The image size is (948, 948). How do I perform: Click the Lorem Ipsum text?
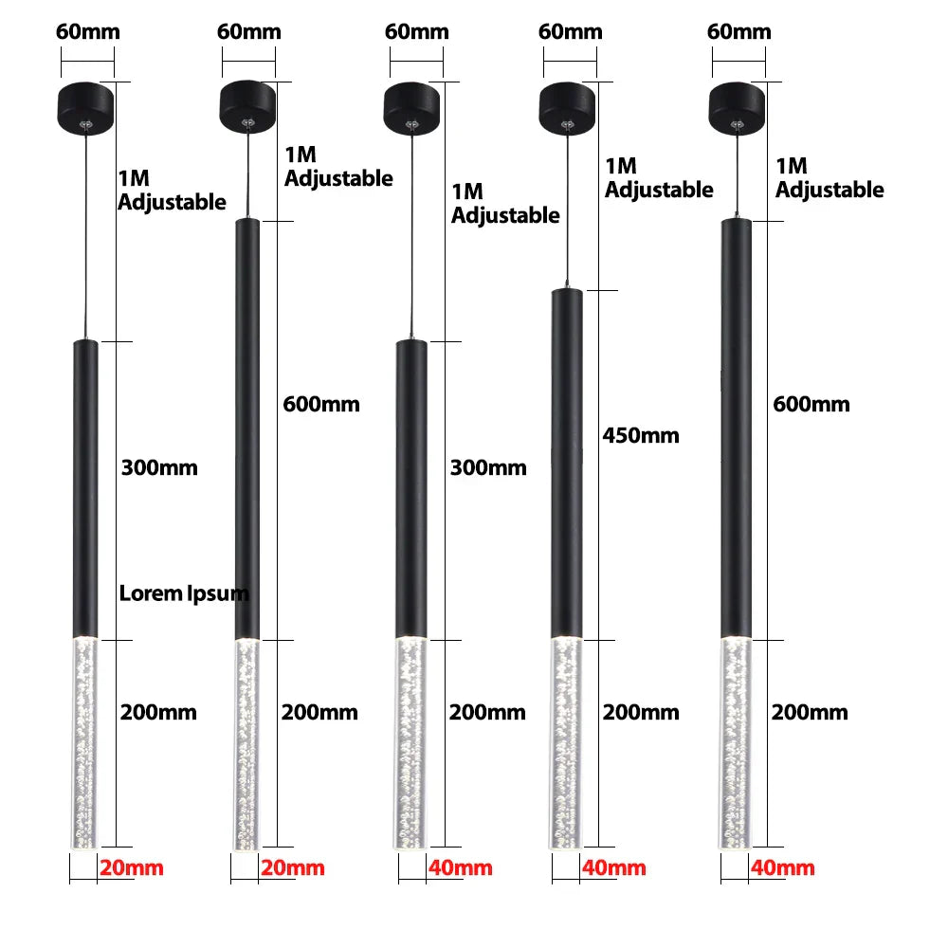coord(184,593)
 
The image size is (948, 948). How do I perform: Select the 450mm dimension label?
coord(641,435)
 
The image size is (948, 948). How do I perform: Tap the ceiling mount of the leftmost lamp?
coord(86,108)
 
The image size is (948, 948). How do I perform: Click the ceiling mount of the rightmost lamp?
coord(737,108)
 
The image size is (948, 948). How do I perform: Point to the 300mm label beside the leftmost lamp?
coord(159,467)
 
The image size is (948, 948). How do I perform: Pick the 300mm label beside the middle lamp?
coord(488,467)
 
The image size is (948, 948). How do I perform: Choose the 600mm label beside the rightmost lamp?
coord(811,404)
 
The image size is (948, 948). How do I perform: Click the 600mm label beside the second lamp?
coord(321,404)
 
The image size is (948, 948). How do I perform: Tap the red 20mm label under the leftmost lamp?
coord(132,867)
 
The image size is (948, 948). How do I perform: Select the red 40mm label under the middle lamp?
coord(461,867)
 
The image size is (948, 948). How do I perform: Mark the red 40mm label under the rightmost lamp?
coord(783,867)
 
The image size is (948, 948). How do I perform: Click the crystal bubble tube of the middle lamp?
coord(411,743)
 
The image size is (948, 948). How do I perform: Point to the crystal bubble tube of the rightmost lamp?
coord(737,743)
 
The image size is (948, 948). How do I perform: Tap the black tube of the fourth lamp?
coord(567,464)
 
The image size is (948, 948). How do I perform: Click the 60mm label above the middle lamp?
coord(417,31)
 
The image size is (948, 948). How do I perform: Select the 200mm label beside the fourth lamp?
coord(641,712)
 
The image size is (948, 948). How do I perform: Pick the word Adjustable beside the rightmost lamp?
coord(829,191)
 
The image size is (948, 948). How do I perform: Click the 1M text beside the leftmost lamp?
coord(134,178)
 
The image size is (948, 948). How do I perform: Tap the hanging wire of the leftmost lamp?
coord(86,236)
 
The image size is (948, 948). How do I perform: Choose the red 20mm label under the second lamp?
coord(293,867)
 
